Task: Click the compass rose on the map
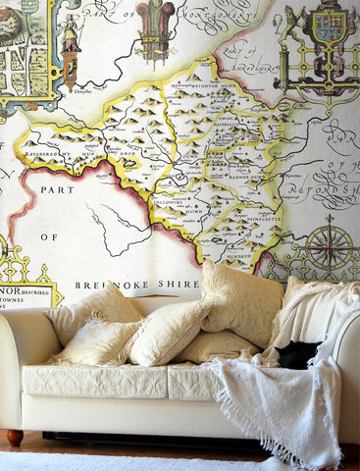pos(330,247)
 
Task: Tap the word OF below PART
pos(49,236)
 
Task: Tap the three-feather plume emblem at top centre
pos(155,24)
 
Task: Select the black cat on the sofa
pos(297,355)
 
